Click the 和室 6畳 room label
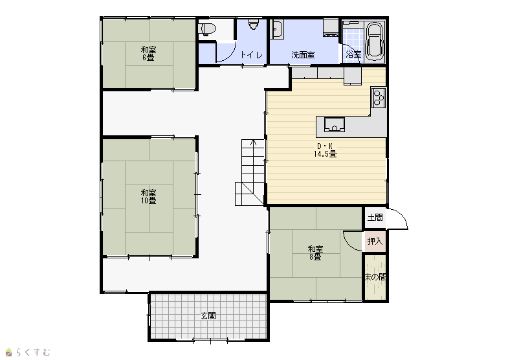pyautogui.click(x=148, y=54)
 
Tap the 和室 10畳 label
pyautogui.click(x=148, y=197)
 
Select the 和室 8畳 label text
pyautogui.click(x=315, y=253)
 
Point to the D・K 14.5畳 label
pyautogui.click(x=325, y=150)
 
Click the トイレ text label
pyautogui.click(x=251, y=55)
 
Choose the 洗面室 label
pyautogui.click(x=303, y=55)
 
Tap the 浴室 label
pyautogui.click(x=353, y=54)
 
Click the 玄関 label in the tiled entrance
pyautogui.click(x=208, y=315)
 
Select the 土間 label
pyautogui.click(x=375, y=218)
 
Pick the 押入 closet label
pyautogui.click(x=375, y=242)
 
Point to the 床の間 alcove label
pyautogui.click(x=375, y=277)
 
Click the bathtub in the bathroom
pyautogui.click(x=374, y=41)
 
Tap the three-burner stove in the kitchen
pyautogui.click(x=378, y=98)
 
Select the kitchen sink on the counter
pyautogui.click(x=335, y=124)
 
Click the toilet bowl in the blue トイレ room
pyautogui.click(x=253, y=25)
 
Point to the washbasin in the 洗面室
pyautogui.click(x=277, y=29)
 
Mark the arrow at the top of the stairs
pyautogui.click(x=253, y=143)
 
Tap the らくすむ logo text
pyautogui.click(x=33, y=352)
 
